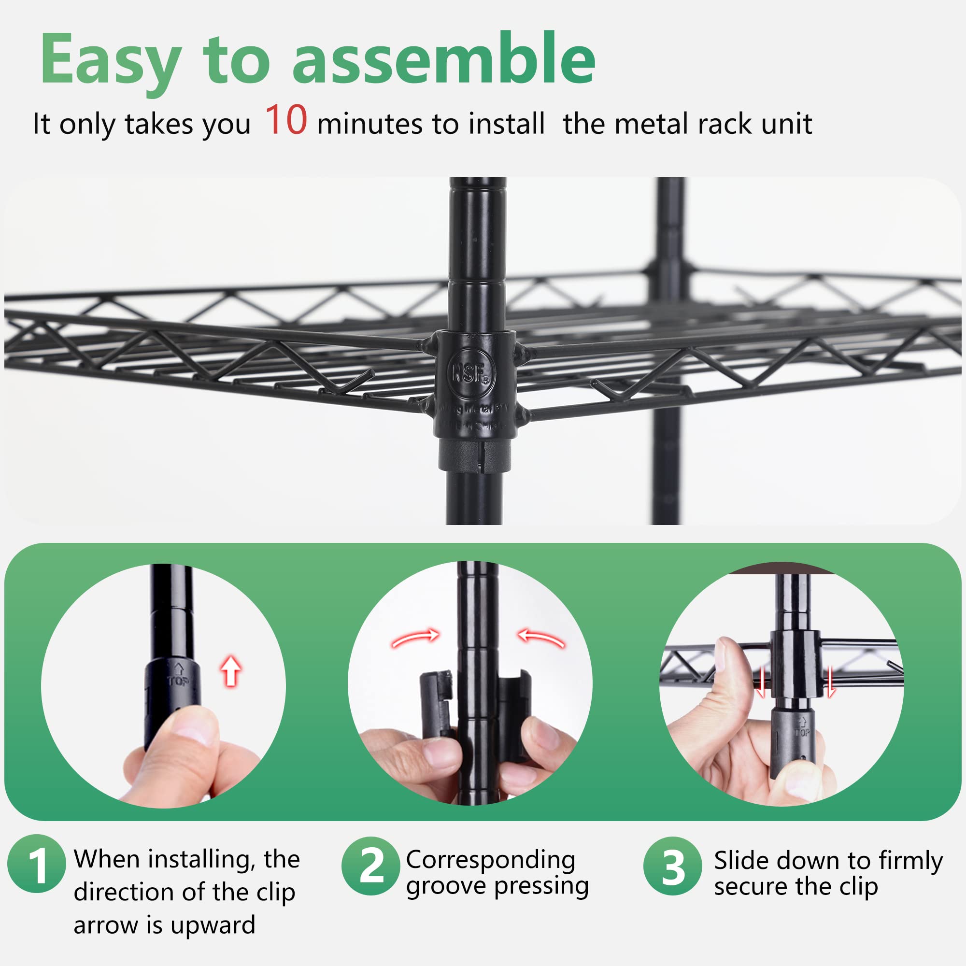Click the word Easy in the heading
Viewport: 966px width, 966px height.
click(110, 60)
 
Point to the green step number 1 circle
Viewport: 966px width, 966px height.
click(37, 864)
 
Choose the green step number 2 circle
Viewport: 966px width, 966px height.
click(370, 866)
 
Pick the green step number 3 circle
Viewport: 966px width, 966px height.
click(672, 866)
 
